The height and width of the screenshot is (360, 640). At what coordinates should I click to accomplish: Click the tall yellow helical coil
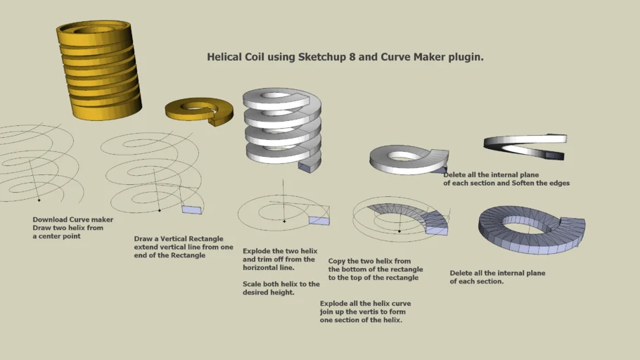coord(98,67)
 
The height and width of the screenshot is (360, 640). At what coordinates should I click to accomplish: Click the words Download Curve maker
coord(72,219)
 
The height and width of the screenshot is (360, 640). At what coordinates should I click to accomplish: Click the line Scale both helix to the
coord(281,284)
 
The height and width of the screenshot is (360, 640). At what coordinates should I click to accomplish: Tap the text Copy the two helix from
coord(369,261)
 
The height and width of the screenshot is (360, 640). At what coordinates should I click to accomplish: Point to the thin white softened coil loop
coord(524,143)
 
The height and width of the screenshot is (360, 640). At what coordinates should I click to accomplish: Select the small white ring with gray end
coord(408,158)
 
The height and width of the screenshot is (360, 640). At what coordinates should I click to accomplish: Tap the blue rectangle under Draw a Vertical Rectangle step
coord(191,210)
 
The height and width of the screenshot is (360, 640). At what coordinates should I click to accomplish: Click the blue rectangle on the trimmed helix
coord(319,220)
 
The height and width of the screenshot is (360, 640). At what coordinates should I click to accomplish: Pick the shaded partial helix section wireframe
coord(415,217)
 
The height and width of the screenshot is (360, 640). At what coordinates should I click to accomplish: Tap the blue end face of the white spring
coord(308,167)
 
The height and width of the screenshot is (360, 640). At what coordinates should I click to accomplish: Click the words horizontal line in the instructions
coord(269,267)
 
